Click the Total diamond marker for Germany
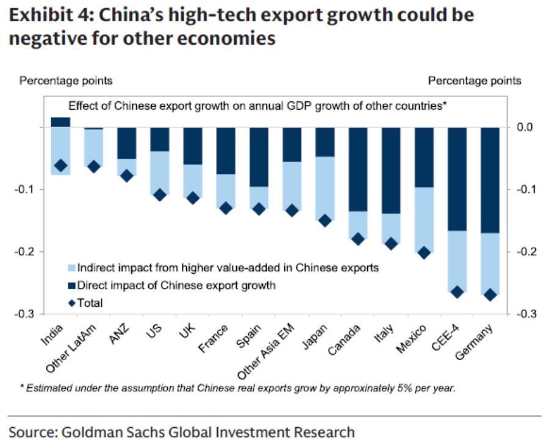[489, 295]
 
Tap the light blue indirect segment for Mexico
[423, 220]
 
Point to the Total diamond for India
[60, 165]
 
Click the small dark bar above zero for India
[60, 122]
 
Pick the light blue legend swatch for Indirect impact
[72, 267]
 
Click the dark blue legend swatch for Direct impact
[72, 285]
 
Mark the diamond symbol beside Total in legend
[72, 303]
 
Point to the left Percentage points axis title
[66, 81]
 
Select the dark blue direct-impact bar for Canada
[358, 169]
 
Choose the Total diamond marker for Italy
[390, 243]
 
